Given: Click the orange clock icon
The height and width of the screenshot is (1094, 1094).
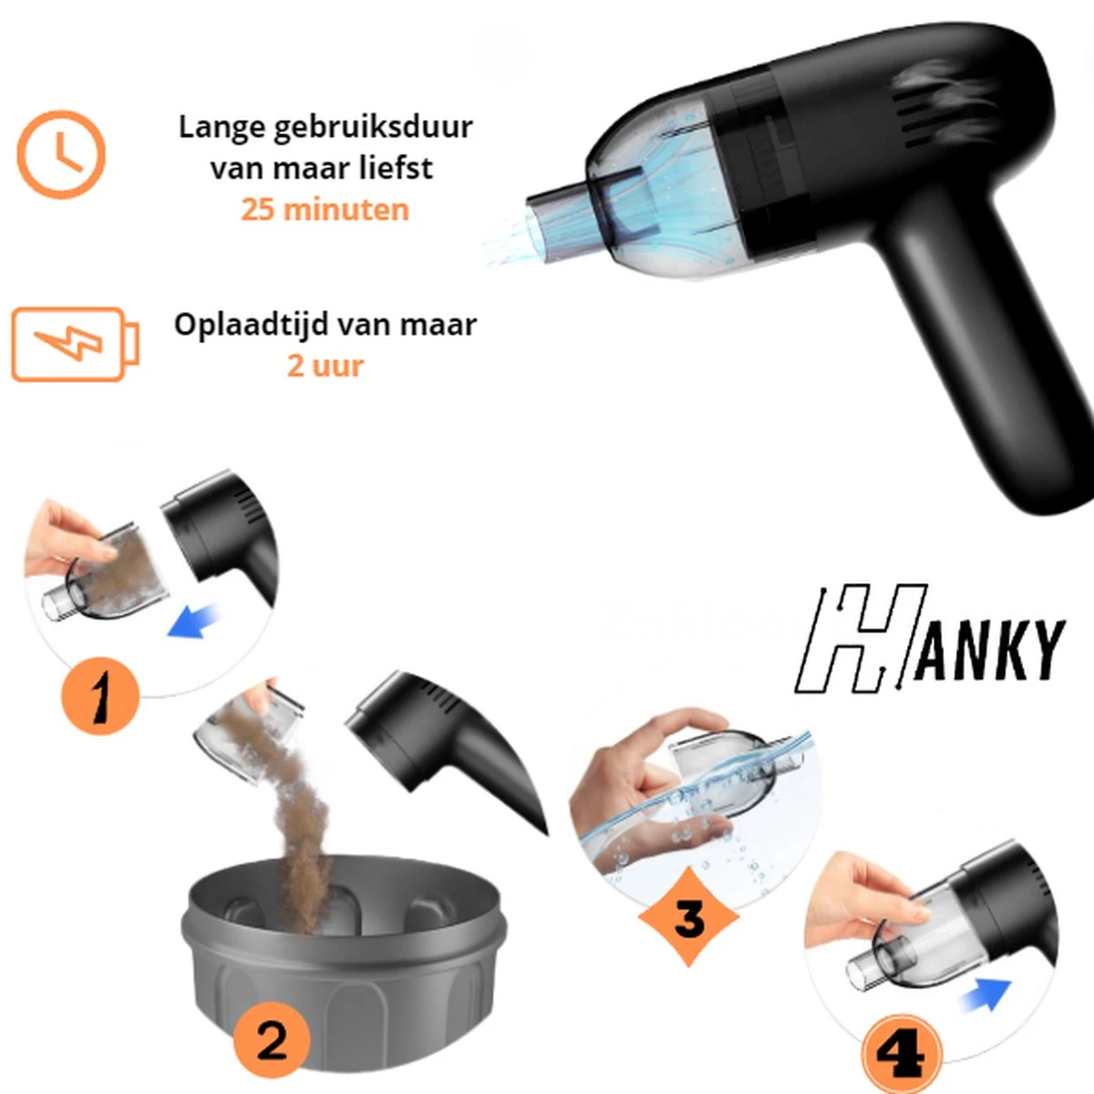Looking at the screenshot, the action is [61, 154].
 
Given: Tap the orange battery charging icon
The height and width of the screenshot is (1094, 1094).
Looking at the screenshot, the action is [75, 344].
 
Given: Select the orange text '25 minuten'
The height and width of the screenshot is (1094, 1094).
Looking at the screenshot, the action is [325, 210].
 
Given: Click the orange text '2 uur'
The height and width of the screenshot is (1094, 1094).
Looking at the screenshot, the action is [325, 366].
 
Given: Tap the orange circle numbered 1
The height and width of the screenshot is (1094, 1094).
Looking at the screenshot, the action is [100, 696].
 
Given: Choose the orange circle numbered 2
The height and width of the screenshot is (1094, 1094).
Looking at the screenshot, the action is [272, 1041].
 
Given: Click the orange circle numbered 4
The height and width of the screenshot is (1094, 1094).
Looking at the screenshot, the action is [902, 1055].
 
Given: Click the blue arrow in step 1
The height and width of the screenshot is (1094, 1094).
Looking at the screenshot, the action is [192, 622].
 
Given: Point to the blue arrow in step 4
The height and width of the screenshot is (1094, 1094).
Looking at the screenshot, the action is [987, 994].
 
